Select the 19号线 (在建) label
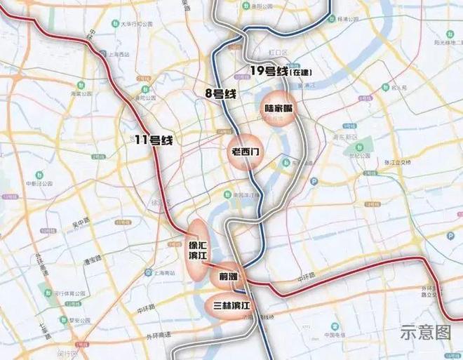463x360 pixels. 280,70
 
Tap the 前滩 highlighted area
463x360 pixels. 229,276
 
